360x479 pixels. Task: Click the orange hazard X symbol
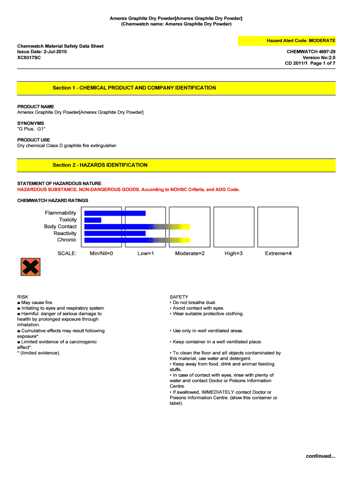(30, 267)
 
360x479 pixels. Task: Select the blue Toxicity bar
(93, 220)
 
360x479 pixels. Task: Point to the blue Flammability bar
(115, 213)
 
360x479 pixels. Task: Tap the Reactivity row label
(65, 233)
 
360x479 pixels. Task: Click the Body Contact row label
(60, 226)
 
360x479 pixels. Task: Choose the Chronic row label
(66, 239)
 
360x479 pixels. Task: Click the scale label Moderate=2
(190, 253)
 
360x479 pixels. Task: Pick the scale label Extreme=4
(278, 253)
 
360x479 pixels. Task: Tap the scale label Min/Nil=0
(101, 253)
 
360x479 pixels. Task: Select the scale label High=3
(234, 253)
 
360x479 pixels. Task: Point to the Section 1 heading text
(134, 88)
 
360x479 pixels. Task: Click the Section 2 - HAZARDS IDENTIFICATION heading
(100, 165)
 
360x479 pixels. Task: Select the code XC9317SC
(29, 58)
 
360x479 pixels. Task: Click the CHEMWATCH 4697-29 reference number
(310, 52)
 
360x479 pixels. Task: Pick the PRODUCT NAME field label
(36, 107)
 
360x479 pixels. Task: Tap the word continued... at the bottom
(320, 456)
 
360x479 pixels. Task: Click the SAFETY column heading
(179, 297)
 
